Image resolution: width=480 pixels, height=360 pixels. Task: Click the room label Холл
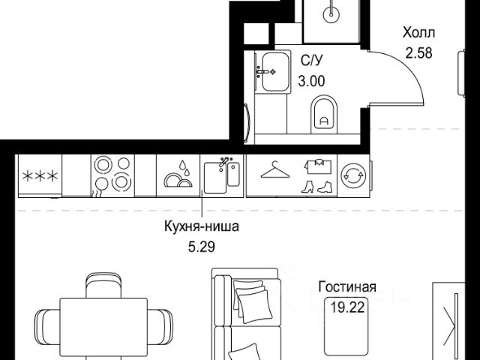418,34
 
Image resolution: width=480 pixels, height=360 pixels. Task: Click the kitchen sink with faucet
223,174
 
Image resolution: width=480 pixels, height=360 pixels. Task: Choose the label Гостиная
346,287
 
